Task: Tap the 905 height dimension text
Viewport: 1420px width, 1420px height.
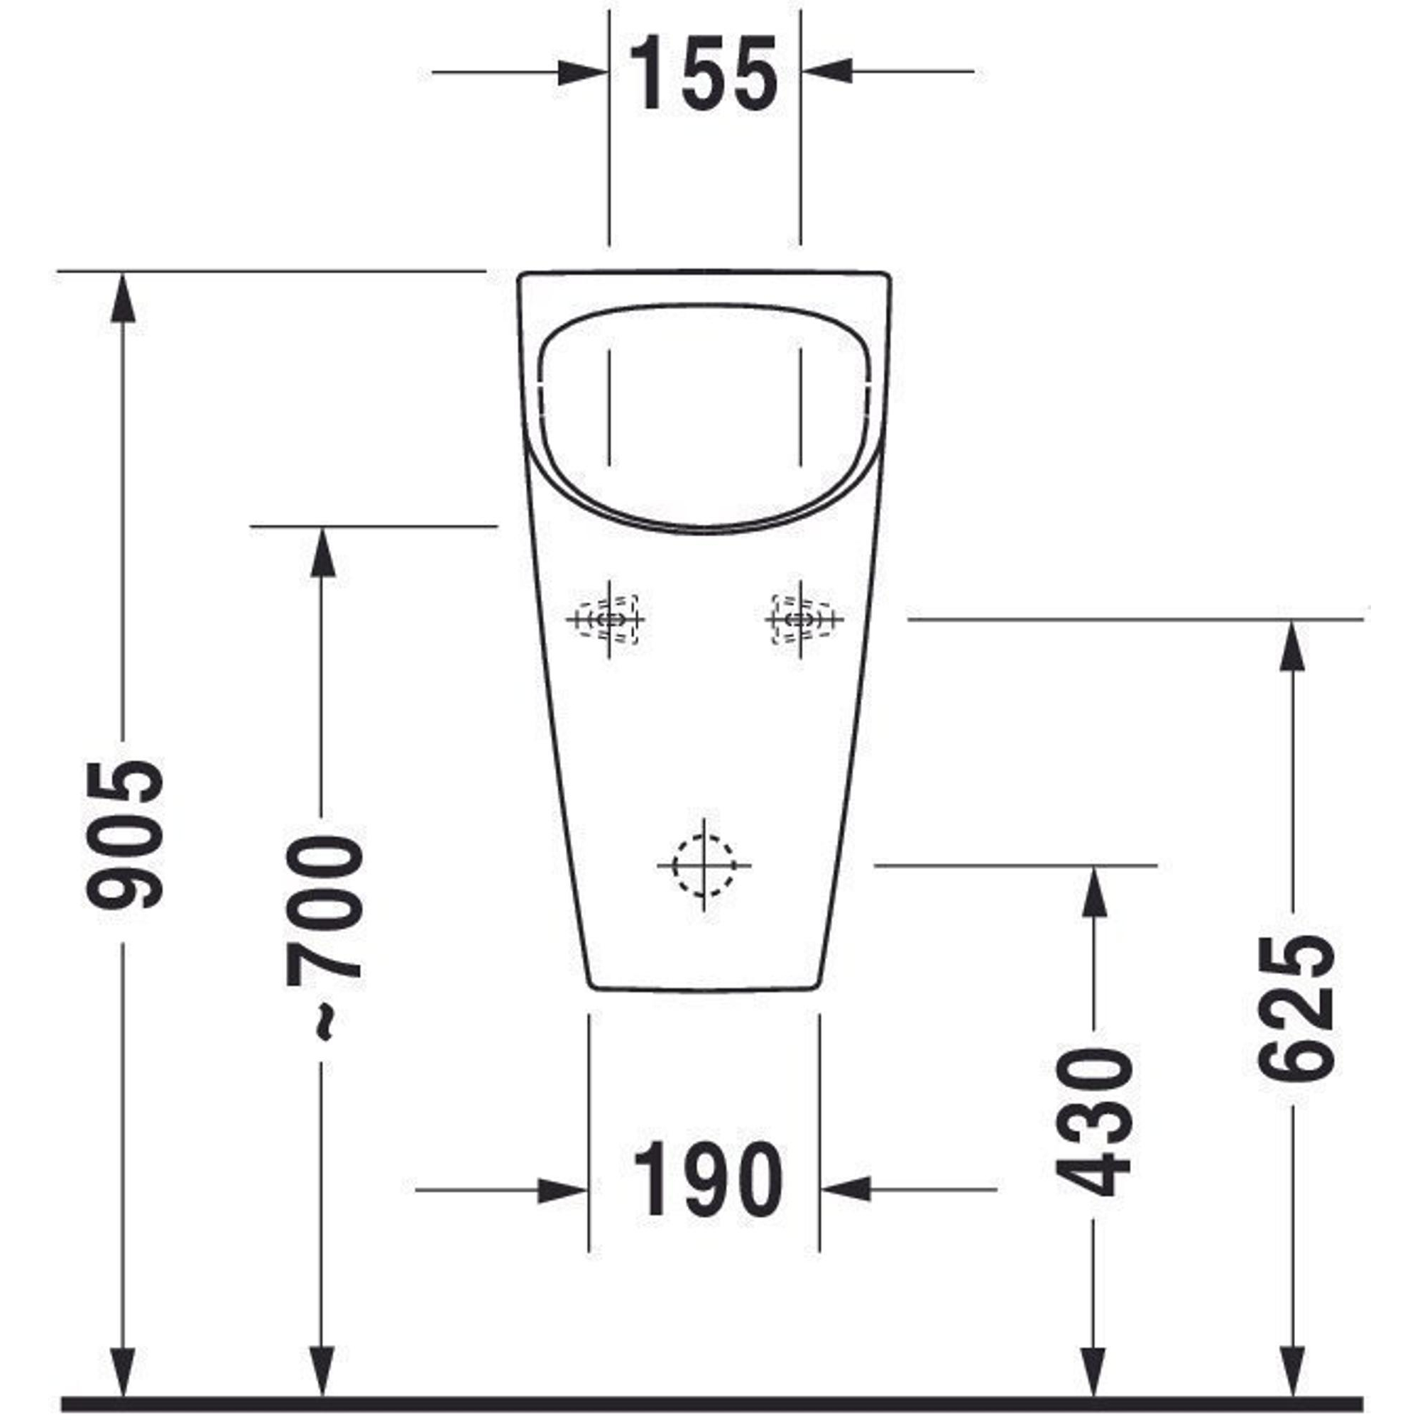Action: (124, 834)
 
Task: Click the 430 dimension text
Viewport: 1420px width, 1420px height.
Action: (1093, 1123)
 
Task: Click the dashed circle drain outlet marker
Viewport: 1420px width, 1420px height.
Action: (704, 865)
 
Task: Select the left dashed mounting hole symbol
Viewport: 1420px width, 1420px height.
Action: (608, 620)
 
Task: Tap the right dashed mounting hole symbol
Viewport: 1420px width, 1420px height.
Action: (801, 620)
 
